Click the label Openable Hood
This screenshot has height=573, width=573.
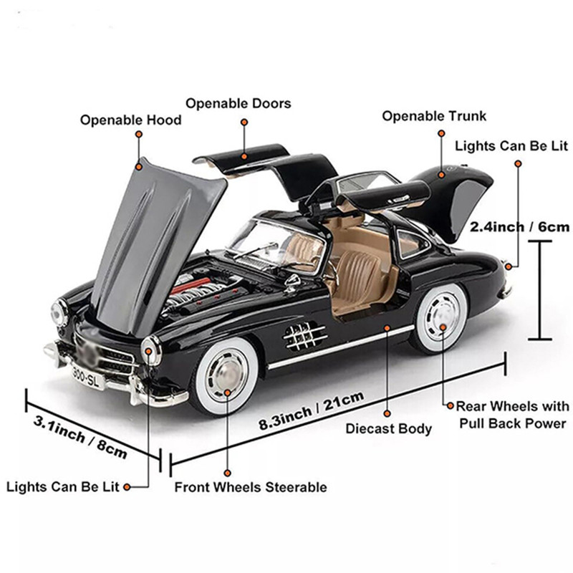pos(130,120)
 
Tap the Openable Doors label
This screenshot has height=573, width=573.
pos(239,103)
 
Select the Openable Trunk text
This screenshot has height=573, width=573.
pos(434,116)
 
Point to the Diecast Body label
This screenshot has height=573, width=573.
pos(389,429)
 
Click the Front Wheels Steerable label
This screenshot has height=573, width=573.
pos(251,487)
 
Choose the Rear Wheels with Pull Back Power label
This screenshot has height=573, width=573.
pos(512,415)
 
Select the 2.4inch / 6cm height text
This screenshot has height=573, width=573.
pos(519,227)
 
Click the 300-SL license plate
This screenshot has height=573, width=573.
pos(87,375)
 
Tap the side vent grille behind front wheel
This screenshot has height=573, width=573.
pos(305,334)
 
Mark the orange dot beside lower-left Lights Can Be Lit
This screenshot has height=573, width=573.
pos(127,488)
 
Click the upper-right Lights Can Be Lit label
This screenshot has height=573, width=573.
pos(511,146)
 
